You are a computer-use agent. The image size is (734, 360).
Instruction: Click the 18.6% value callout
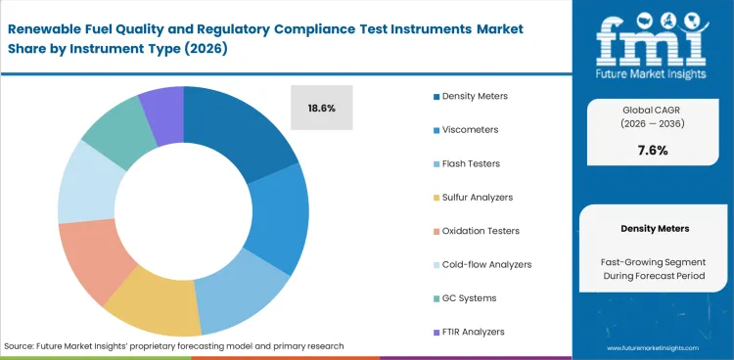coord(322,108)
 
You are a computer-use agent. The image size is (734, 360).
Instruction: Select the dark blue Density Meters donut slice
coord(245,132)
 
